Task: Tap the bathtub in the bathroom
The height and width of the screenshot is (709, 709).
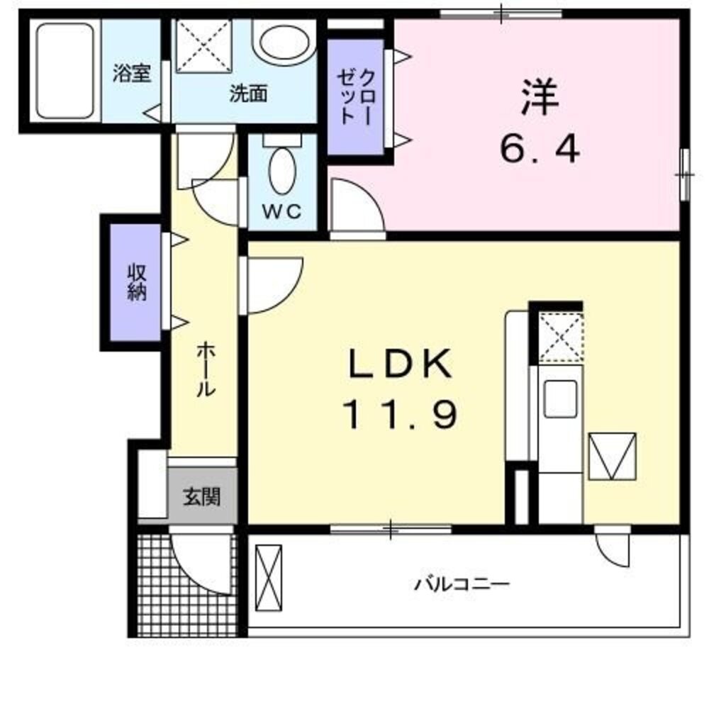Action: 65,71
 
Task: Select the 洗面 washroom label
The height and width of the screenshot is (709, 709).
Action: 247,94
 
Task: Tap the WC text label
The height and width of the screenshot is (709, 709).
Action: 282,211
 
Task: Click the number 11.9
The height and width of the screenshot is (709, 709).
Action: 399,414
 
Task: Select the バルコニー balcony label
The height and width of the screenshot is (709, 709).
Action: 462,585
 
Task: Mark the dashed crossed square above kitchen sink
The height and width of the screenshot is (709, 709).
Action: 560,337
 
